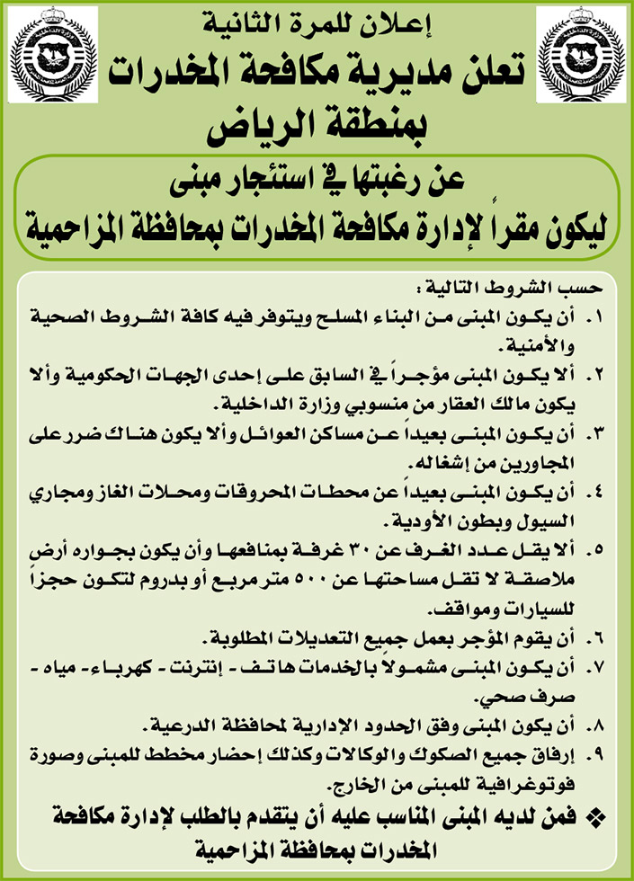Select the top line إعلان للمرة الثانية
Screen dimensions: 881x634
(319, 24)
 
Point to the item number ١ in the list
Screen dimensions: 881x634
(598, 317)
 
